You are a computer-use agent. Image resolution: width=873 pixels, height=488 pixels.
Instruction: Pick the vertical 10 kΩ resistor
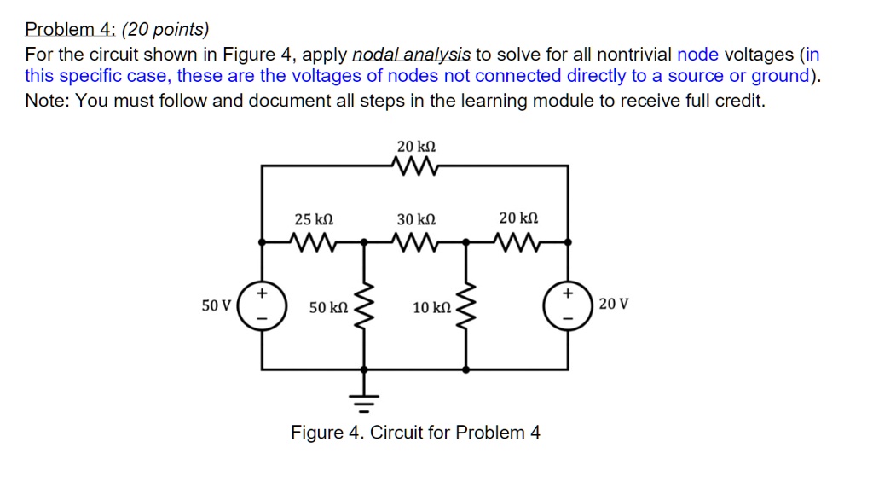(466, 305)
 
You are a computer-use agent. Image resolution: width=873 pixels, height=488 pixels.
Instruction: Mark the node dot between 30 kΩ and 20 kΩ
(466, 242)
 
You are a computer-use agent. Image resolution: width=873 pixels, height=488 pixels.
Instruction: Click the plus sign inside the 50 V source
(262, 293)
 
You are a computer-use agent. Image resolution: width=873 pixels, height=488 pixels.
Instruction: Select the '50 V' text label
(216, 305)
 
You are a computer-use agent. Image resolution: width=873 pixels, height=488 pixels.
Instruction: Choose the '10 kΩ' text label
(431, 307)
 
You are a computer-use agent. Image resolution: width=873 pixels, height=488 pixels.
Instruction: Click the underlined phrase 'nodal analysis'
(411, 55)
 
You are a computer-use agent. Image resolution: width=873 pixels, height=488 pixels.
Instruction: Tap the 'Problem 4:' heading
(69, 31)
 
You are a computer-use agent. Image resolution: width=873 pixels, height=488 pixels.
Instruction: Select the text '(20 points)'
(165, 31)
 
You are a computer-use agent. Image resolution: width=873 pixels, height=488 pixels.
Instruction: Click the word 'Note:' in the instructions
(49, 101)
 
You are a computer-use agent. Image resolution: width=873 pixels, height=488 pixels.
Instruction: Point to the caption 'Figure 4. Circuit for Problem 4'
(415, 433)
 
